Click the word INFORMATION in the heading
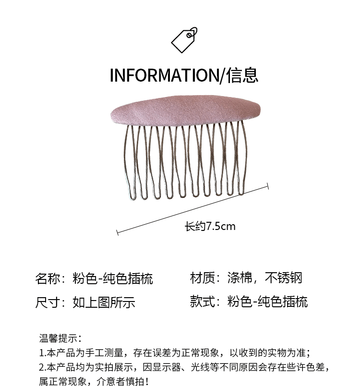(x=164, y=75)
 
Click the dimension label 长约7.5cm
(x=210, y=227)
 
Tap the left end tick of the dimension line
(x=118, y=232)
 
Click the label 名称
(x=47, y=278)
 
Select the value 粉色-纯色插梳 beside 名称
(x=113, y=278)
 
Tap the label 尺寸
(x=47, y=302)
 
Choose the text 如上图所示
(x=104, y=302)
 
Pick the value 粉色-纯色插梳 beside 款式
(x=267, y=301)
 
